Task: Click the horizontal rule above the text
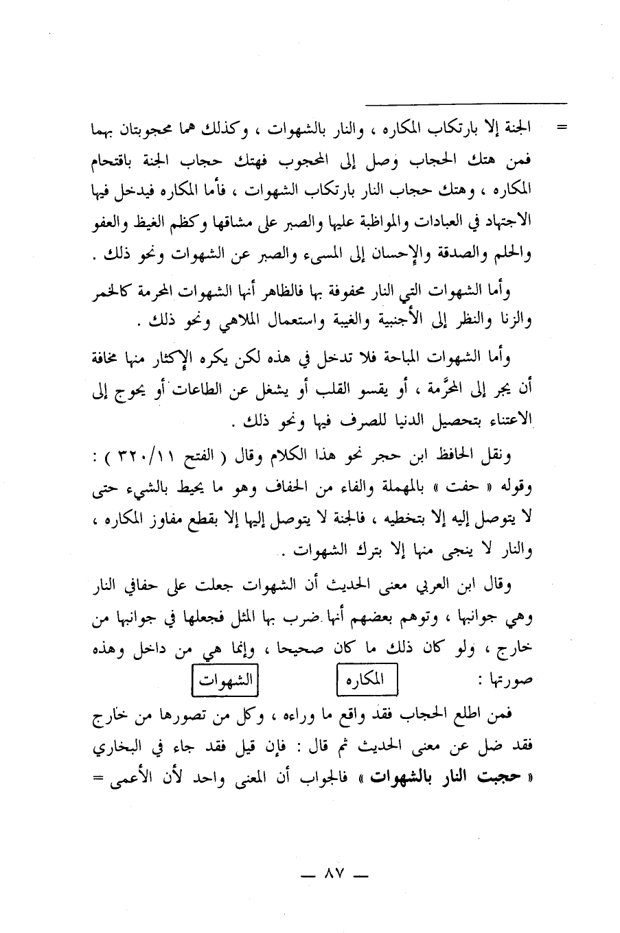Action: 467,104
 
